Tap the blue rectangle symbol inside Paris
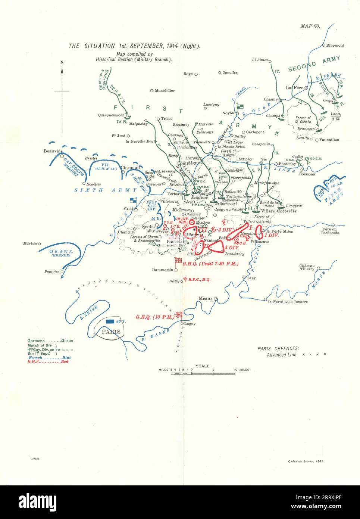click(110, 321)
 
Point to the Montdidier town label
click(165, 90)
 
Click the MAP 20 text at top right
click(310, 26)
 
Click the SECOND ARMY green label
click(314, 63)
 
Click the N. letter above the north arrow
click(62, 62)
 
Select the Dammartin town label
click(163, 270)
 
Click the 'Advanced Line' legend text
click(281, 355)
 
